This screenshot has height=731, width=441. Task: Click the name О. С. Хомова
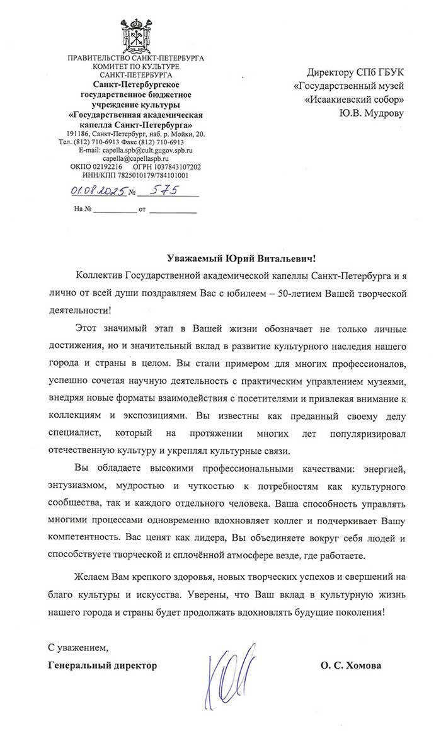pos(351,665)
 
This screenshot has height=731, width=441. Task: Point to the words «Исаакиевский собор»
pos(353,99)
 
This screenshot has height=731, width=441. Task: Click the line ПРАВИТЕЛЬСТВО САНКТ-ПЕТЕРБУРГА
pos(135,59)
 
